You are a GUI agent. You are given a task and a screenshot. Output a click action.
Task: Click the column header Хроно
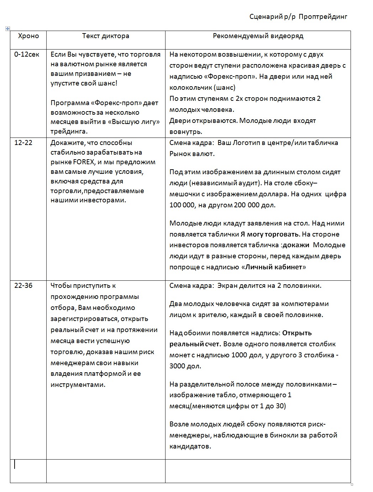[28, 36]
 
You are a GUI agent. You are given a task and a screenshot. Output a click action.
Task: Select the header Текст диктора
[106, 36]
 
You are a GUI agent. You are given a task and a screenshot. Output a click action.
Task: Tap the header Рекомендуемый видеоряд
[258, 36]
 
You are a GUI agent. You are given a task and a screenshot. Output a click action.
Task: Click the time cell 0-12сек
[27, 55]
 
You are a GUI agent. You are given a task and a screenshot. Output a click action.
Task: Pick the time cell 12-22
[23, 143]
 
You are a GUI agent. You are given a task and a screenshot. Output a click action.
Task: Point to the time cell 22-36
[23, 286]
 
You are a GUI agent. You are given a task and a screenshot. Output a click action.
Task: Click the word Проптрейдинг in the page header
[323, 17]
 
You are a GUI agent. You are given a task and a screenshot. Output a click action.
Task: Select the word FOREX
[84, 162]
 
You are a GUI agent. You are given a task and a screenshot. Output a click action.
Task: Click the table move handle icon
[8, 29]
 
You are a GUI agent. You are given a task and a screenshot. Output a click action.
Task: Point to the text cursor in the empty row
[15, 464]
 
